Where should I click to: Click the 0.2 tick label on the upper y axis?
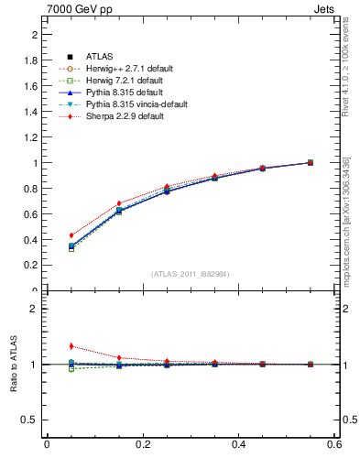coord(31,266)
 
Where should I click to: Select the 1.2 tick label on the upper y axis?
coord(31,137)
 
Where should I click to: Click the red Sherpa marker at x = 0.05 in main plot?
coord(47,235)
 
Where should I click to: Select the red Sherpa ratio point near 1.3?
coord(47,346)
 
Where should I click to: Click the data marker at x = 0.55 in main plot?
coord(310,163)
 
